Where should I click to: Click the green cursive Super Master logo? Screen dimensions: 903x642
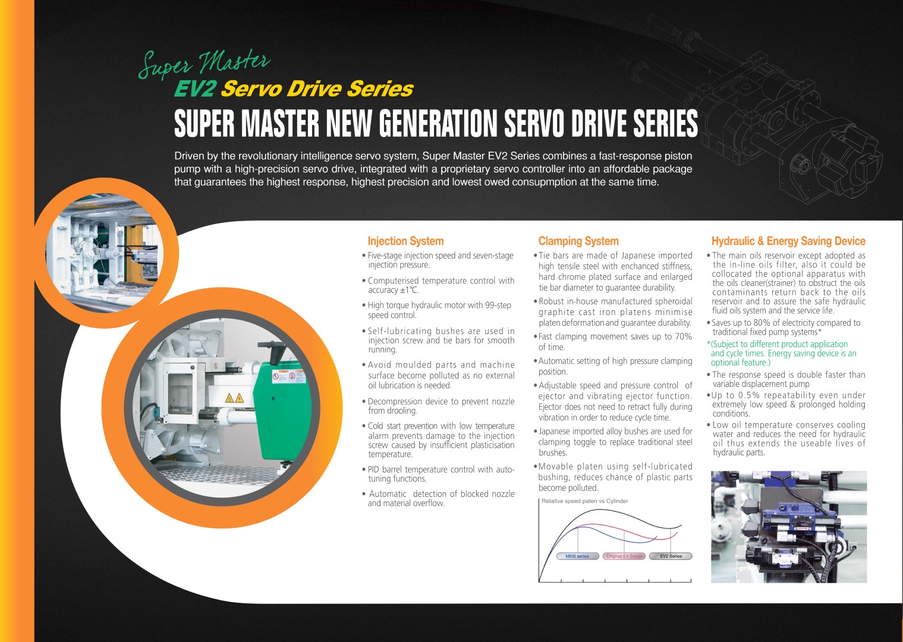click(x=204, y=64)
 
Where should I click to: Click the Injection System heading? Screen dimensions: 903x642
click(x=405, y=241)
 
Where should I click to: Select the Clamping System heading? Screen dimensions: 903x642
click(x=578, y=241)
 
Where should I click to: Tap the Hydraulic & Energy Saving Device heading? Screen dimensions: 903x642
click(x=788, y=241)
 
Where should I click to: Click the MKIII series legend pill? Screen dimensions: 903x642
click(x=577, y=556)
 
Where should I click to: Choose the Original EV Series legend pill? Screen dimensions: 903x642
click(x=624, y=556)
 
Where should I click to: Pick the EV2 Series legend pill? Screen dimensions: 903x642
click(x=671, y=556)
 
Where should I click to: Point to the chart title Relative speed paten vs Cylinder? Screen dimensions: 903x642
click(x=584, y=501)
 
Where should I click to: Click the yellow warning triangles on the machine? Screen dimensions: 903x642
click(x=234, y=398)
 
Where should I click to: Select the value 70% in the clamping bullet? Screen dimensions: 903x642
click(x=683, y=336)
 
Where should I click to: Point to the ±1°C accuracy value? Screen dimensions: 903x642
click(x=410, y=290)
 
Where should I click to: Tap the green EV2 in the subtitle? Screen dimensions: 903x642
click(x=194, y=89)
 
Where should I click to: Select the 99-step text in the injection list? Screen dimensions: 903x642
click(x=498, y=305)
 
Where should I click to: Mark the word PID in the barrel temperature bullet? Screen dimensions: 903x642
click(x=373, y=470)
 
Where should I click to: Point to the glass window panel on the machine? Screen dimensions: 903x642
click(x=180, y=392)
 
